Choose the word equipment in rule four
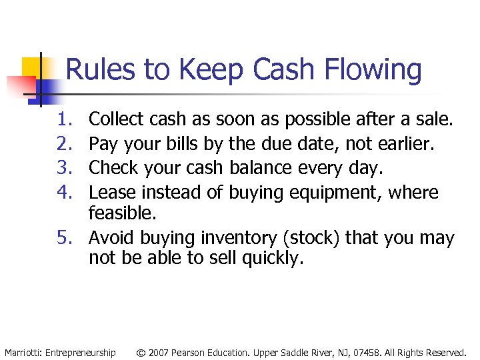337,193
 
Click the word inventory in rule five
216,239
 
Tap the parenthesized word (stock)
308,239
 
